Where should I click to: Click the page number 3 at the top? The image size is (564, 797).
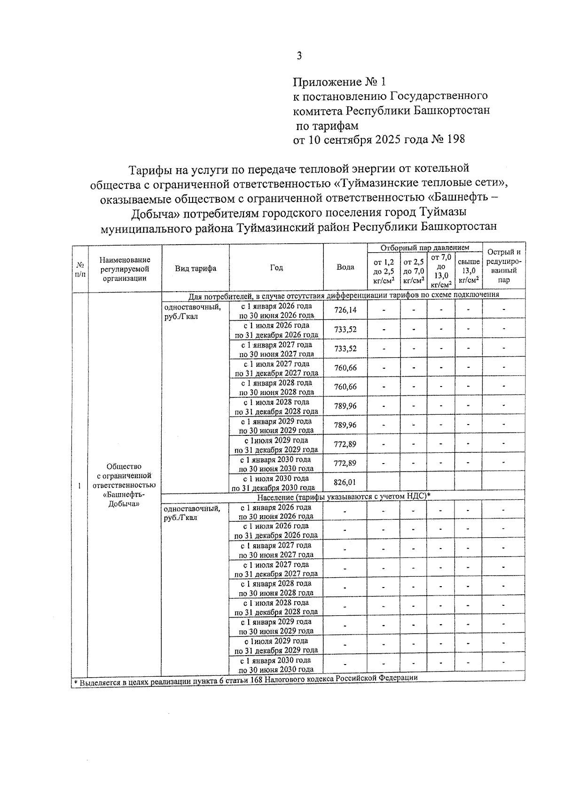click(x=299, y=56)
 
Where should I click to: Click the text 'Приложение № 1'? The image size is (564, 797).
click(x=339, y=82)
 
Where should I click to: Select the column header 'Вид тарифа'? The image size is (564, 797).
click(x=196, y=268)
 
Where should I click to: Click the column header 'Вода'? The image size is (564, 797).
click(x=345, y=267)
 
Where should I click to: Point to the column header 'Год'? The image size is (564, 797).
click(x=276, y=268)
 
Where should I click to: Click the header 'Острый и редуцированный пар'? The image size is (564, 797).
click(x=504, y=266)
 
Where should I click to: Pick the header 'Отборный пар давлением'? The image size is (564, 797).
click(x=425, y=247)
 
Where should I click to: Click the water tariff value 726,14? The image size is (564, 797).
click(x=345, y=310)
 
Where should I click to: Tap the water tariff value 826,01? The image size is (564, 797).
click(x=345, y=482)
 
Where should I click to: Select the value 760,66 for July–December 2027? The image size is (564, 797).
click(x=345, y=367)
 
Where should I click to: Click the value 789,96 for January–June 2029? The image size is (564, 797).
click(x=345, y=425)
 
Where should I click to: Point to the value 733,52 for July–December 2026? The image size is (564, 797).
click(x=345, y=329)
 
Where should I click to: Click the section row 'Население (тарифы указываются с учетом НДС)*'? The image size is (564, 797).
click(x=344, y=496)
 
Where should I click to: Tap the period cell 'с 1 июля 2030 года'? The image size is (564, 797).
click(x=276, y=478)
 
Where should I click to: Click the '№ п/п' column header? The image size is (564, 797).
click(x=80, y=269)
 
